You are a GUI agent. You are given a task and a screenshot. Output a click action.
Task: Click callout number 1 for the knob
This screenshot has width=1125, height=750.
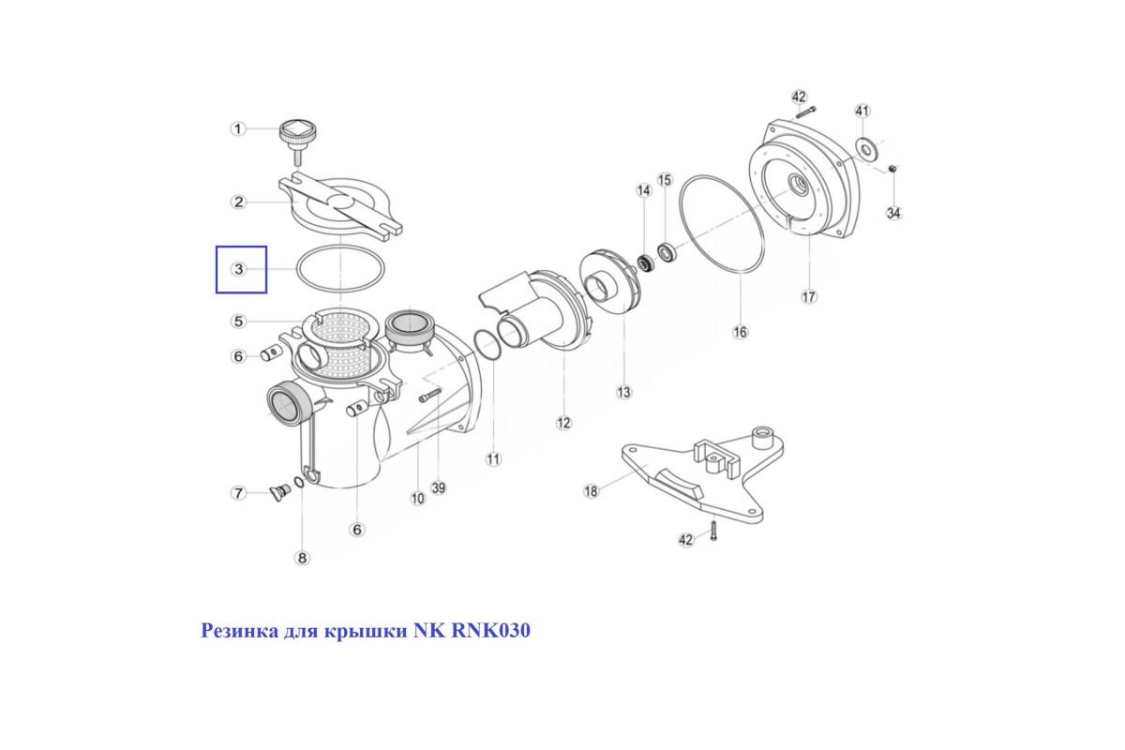pos(238,129)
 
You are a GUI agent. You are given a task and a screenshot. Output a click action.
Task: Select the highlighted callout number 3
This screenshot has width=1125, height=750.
pos(238,269)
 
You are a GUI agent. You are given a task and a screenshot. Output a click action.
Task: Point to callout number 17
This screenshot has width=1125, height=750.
pos(808,297)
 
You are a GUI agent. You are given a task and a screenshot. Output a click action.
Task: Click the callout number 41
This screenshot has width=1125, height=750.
pos(862,111)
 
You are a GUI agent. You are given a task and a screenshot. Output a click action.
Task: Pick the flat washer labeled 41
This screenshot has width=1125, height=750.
pos(866,149)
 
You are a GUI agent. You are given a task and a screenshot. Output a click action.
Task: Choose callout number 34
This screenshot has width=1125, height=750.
pos(893,213)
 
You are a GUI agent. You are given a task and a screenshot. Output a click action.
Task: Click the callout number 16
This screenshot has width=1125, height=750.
pos(741,332)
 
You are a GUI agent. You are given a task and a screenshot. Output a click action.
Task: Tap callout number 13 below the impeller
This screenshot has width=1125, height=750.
pos(623,392)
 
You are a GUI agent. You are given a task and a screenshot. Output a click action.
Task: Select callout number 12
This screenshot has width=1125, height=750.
pos(563,423)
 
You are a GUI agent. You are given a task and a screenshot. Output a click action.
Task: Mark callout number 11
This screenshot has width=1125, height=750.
pos(493,458)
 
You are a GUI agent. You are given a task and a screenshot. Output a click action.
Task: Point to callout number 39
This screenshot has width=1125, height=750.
pos(439,487)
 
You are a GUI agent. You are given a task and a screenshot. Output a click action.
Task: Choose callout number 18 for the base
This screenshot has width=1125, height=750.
pos(592,491)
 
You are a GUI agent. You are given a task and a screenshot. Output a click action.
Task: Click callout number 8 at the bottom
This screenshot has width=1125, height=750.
pos(302,557)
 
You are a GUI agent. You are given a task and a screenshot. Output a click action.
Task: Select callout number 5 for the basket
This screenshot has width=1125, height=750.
pos(238,321)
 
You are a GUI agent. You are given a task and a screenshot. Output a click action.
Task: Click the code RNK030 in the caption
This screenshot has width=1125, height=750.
pos(490,630)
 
